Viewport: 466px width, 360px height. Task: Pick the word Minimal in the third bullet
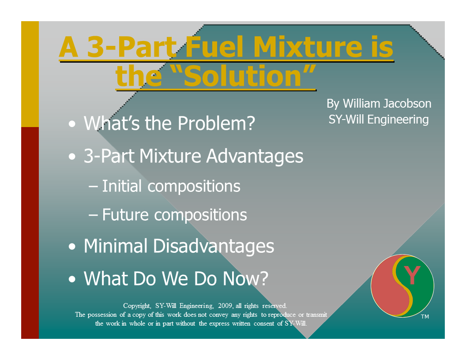coord(116,246)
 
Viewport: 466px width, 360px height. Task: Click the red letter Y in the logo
coord(412,276)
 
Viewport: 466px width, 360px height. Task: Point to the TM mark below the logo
coord(425,317)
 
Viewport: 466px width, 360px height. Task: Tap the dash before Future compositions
coord(94,215)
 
